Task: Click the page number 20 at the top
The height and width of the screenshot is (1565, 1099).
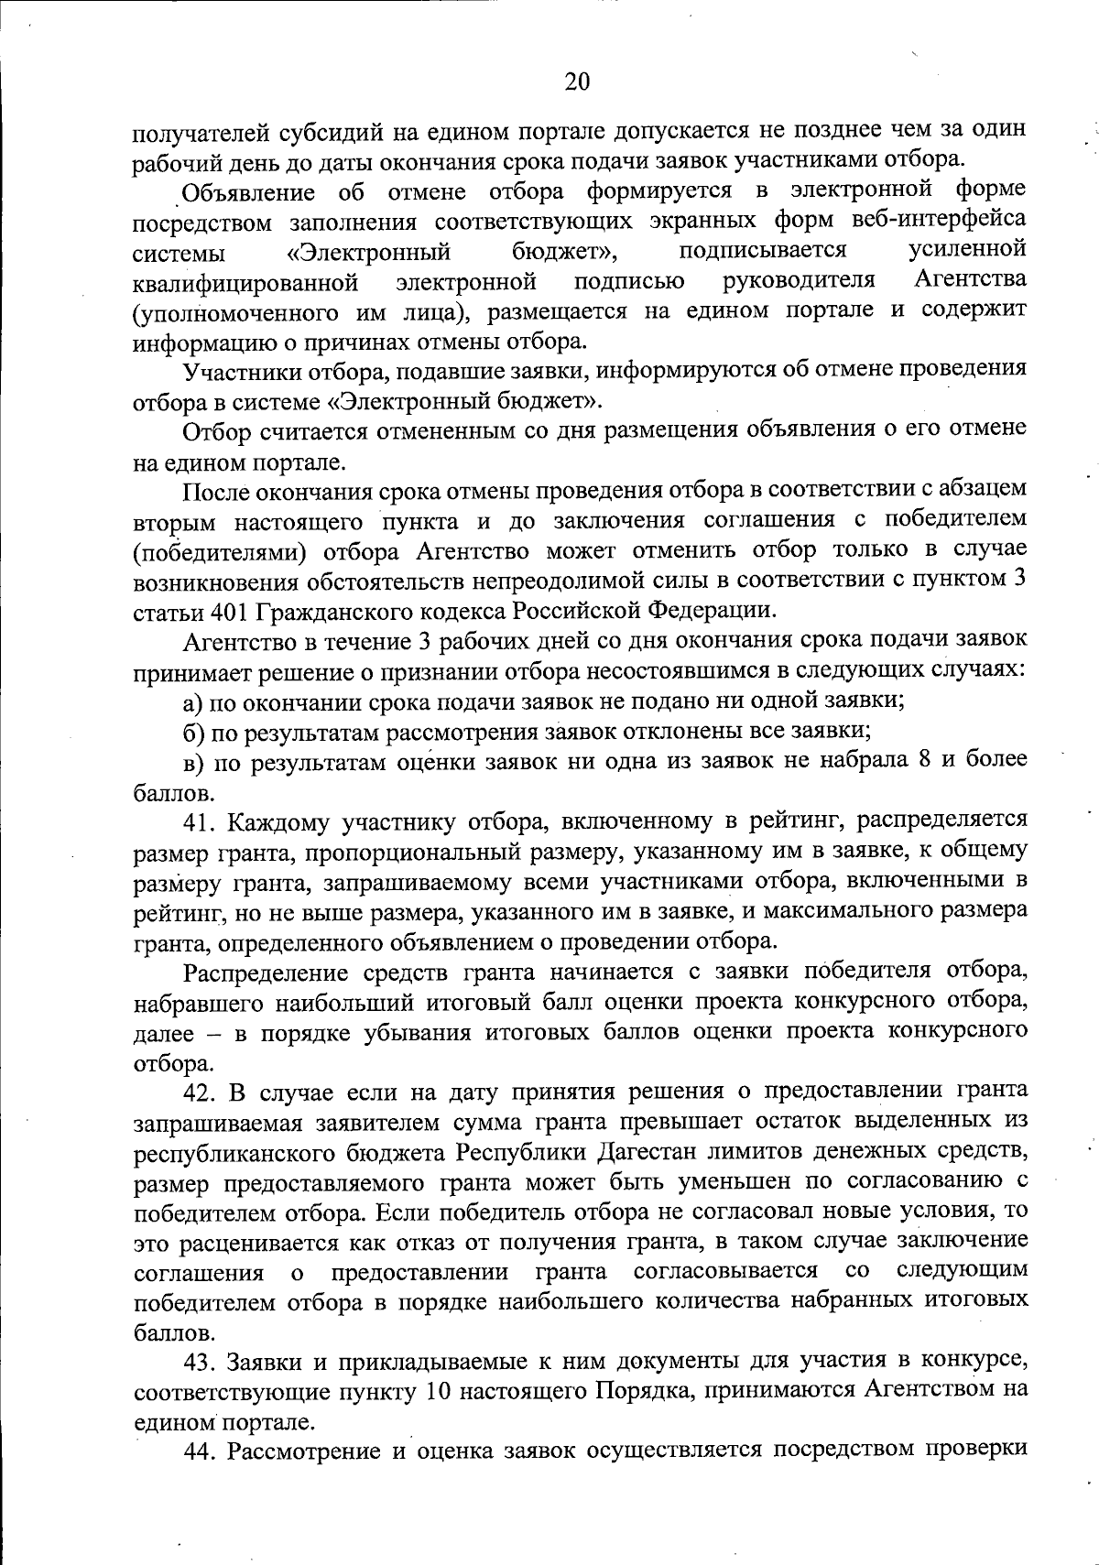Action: click(x=577, y=82)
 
